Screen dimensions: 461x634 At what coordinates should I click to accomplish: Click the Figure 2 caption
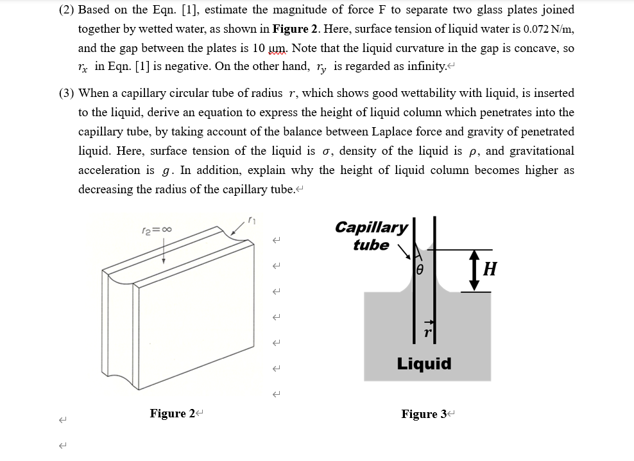point(172,413)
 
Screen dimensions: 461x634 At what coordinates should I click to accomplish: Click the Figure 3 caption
point(424,414)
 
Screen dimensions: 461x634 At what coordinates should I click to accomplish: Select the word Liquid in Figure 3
point(424,364)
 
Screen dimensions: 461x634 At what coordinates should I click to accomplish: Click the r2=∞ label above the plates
point(156,229)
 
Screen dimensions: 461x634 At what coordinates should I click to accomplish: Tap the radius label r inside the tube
point(425,333)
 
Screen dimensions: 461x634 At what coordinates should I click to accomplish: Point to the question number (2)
point(66,10)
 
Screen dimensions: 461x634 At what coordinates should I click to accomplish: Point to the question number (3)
point(66,93)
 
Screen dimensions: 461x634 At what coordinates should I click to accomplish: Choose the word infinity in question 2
point(423,67)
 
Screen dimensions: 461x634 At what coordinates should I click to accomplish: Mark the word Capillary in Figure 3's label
point(371,227)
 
